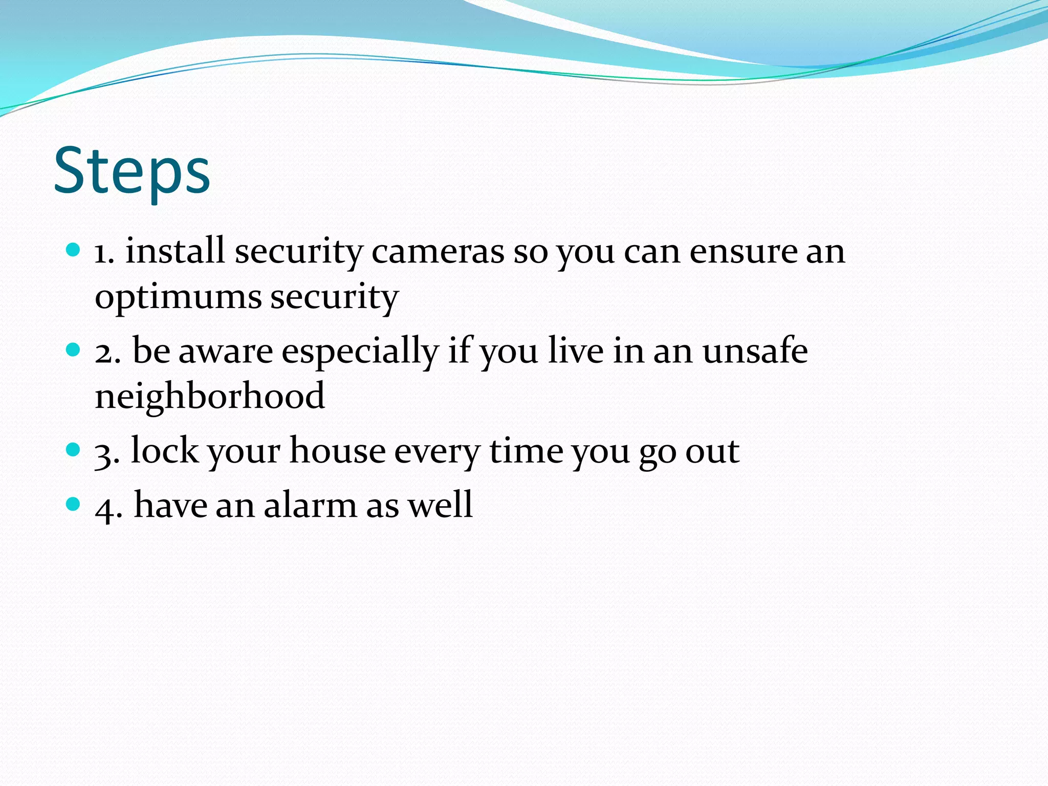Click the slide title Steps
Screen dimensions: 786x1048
click(x=132, y=171)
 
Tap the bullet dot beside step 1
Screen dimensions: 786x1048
click(x=74, y=250)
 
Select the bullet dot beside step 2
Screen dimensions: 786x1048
click(x=74, y=350)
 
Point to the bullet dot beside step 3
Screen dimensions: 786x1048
click(x=74, y=450)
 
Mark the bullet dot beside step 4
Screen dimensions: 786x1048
click(x=74, y=504)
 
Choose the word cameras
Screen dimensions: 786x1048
click(x=438, y=252)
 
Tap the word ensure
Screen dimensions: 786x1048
click(x=743, y=252)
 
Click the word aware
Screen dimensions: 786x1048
click(x=226, y=352)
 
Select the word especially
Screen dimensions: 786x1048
click(x=360, y=352)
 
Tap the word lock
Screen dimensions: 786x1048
click(x=164, y=451)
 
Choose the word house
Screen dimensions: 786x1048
click(x=338, y=451)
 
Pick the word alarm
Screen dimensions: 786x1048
click(x=310, y=505)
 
